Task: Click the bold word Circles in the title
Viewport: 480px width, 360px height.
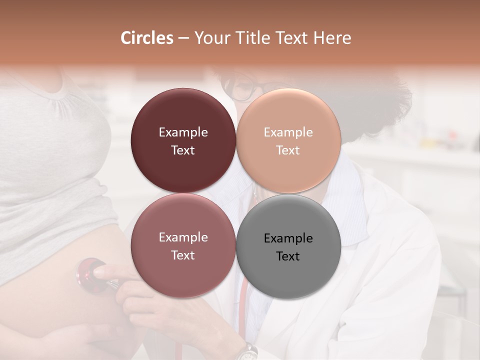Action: click(146, 38)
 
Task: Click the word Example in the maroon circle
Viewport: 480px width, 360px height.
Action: click(183, 132)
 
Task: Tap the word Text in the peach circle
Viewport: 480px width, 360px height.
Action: click(288, 150)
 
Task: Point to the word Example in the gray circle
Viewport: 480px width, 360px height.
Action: click(288, 238)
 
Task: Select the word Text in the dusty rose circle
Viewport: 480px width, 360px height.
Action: click(183, 255)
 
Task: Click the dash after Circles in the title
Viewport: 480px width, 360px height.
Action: click(183, 38)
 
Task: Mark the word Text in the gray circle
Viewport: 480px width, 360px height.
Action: click(288, 256)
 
